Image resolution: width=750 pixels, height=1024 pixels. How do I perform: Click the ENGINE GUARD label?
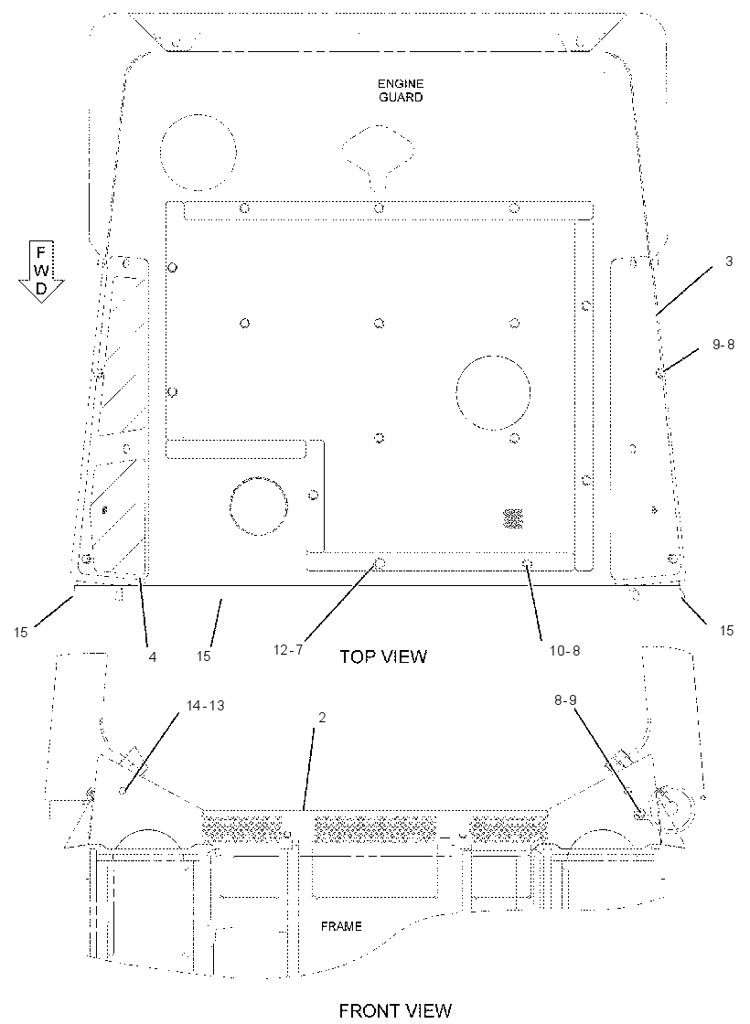[x=400, y=91]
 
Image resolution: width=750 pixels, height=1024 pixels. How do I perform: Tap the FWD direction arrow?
[x=40, y=272]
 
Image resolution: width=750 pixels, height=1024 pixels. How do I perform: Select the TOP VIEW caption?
[x=383, y=656]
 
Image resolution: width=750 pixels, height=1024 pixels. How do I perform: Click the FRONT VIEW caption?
[x=395, y=1010]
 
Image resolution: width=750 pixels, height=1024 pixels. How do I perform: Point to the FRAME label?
[x=341, y=926]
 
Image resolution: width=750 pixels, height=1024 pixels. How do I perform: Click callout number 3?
[x=728, y=261]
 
